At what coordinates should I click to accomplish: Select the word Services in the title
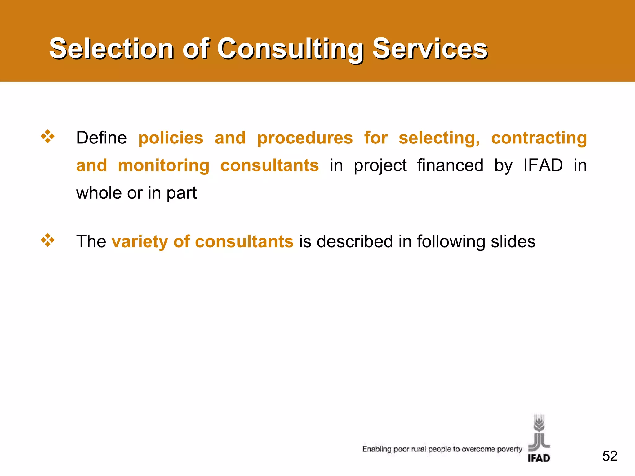click(x=430, y=49)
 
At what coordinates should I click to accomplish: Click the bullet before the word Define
click(x=48, y=137)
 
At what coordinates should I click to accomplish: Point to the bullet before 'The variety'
click(x=48, y=240)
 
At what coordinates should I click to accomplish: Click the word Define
click(x=101, y=138)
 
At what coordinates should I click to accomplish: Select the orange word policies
click(x=171, y=138)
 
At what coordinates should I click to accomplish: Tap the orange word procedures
click(x=305, y=139)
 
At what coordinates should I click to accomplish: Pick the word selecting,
click(x=439, y=139)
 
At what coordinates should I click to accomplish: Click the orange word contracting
click(x=539, y=139)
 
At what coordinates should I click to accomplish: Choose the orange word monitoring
click(x=164, y=166)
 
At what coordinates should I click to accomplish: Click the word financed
click(x=450, y=165)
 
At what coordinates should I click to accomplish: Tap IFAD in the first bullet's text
click(x=543, y=165)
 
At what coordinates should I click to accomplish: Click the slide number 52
click(x=610, y=456)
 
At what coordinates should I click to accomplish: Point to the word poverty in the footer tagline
click(x=509, y=449)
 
